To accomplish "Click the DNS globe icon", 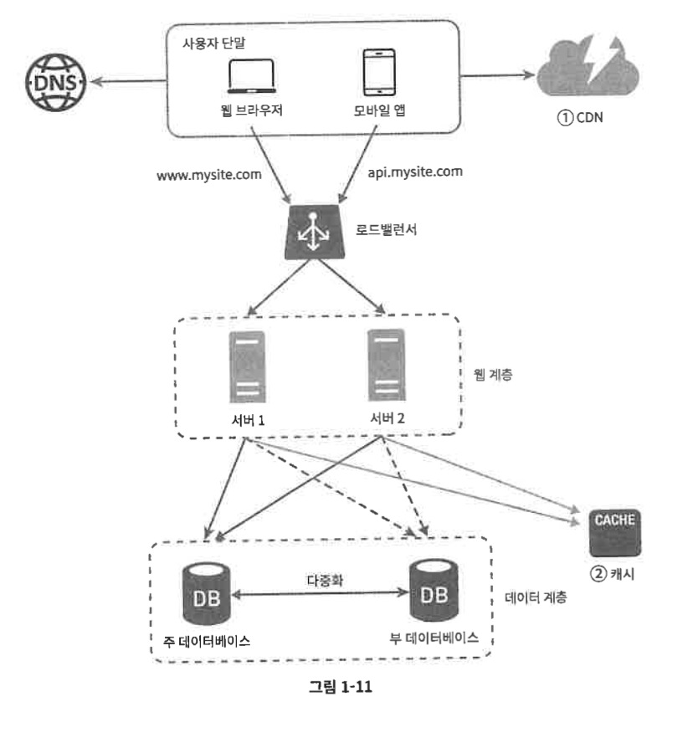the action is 55,82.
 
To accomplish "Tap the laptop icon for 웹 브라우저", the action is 251,76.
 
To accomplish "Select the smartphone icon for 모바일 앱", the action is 379,72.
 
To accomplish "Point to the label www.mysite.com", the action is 209,175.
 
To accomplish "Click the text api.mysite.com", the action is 415,172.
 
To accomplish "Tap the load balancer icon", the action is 314,232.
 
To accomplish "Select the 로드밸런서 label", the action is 386,229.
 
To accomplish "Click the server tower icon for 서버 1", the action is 247,367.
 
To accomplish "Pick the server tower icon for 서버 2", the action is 387,365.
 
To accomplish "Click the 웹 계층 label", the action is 493,375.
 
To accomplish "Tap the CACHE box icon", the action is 615,533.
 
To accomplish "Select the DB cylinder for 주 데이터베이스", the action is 206,594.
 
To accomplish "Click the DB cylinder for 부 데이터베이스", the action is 434,590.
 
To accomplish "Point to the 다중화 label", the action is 325,581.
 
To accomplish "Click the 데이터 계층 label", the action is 536,597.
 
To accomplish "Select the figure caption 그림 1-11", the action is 341,687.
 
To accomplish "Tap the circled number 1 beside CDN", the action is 565,118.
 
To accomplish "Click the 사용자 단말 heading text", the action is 213,44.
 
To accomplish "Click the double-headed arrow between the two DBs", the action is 320,593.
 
